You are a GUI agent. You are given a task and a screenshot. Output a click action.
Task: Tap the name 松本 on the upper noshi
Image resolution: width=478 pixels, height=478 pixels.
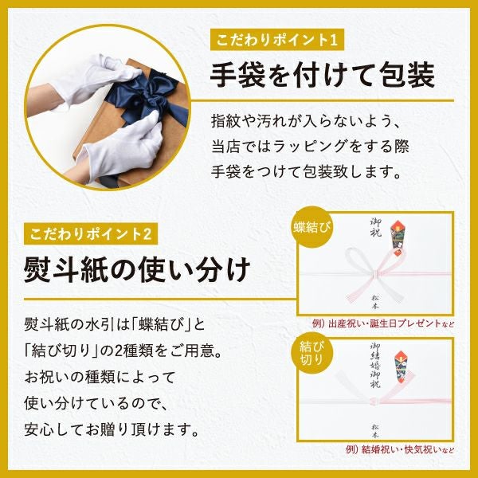point(375,300)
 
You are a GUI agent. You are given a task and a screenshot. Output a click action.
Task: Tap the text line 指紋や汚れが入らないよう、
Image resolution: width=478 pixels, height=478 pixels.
point(304,122)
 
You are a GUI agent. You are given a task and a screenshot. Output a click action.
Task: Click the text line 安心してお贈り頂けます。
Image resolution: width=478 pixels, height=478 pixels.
point(111,430)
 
